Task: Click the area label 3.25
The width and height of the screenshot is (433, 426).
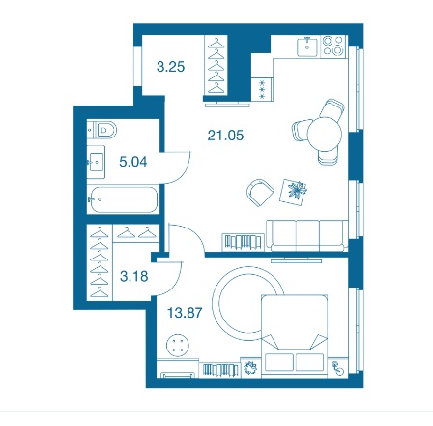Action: [170, 67]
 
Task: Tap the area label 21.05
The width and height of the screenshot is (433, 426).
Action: [225, 135]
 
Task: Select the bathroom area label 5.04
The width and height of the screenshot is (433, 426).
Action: [133, 162]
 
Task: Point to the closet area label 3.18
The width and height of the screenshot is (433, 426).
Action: [134, 276]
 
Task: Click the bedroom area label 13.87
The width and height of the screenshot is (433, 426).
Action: [185, 313]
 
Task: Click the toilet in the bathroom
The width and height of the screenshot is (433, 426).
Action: [102, 130]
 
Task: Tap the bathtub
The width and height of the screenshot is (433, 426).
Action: [123, 199]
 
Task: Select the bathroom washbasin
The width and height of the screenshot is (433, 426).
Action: [96, 162]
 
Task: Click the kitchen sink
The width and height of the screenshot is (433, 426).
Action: [307, 46]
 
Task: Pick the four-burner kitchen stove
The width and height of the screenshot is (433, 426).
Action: [333, 46]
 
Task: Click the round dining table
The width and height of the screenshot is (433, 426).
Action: [325, 134]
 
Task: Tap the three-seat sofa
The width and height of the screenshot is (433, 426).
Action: [307, 235]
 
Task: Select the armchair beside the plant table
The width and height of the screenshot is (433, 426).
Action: [260, 193]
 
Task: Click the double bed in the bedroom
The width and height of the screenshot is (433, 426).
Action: [295, 335]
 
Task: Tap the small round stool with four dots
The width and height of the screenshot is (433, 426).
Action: [178, 345]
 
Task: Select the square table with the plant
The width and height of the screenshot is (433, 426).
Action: [293, 192]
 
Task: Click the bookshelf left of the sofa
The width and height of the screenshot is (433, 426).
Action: [243, 242]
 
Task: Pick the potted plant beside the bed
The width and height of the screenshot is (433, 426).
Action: [250, 367]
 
